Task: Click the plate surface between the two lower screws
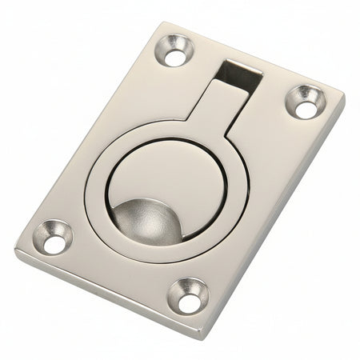120,264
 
